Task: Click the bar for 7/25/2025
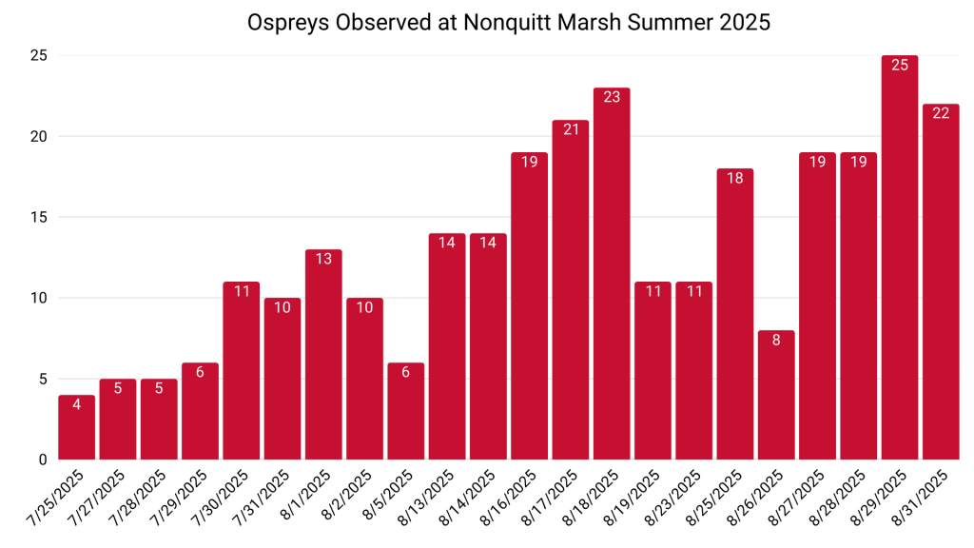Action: coord(77,427)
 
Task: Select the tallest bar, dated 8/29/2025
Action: coord(900,257)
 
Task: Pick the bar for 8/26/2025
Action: coord(776,395)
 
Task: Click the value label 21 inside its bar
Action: coord(571,128)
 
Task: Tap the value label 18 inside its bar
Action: coord(735,177)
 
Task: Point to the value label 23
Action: coord(612,96)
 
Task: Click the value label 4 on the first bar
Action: coord(77,403)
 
